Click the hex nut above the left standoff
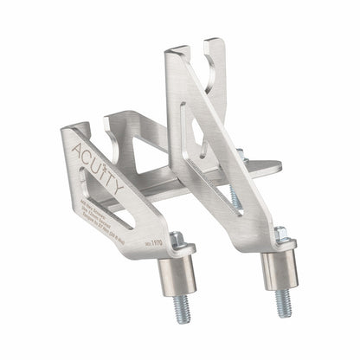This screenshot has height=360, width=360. click(x=178, y=241)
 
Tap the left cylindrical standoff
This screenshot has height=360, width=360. click(x=179, y=273)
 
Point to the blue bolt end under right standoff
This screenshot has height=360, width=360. click(x=281, y=300)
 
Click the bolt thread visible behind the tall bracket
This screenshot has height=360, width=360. click(x=235, y=197)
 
